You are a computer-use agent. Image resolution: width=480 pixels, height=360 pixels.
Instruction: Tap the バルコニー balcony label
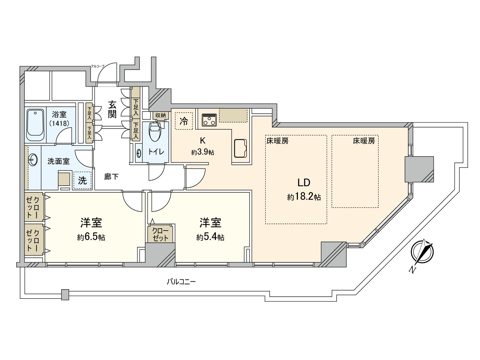click(x=181, y=281)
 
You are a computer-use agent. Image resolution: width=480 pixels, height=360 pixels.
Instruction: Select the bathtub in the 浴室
click(x=35, y=125)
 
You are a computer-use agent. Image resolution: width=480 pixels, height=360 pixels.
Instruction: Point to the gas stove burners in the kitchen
click(x=209, y=119)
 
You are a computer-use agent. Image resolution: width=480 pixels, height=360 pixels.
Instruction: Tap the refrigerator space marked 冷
click(x=184, y=121)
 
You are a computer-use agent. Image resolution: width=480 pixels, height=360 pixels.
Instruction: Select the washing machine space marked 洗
click(x=82, y=181)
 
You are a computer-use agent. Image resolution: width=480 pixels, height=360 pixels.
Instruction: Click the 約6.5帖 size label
click(x=91, y=238)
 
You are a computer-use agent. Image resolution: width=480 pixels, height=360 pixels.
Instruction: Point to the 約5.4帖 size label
click(x=210, y=238)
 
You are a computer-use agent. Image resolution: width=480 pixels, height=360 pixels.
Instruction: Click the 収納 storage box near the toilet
click(x=159, y=115)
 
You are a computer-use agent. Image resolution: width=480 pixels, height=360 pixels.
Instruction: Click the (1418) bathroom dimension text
click(x=59, y=123)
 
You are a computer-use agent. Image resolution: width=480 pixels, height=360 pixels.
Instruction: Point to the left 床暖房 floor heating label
click(x=277, y=141)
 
